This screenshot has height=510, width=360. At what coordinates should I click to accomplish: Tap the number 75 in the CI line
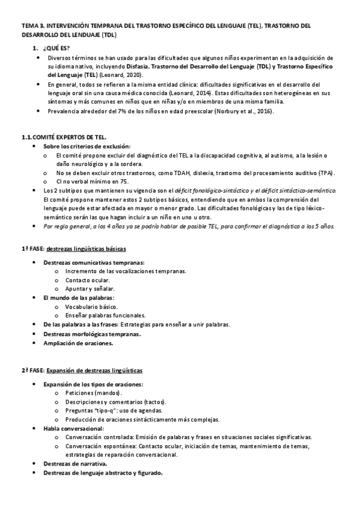click(123, 181)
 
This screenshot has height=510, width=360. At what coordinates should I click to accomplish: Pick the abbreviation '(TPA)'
click(327, 172)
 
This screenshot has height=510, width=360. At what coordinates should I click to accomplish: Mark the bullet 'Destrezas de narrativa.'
click(75, 464)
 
